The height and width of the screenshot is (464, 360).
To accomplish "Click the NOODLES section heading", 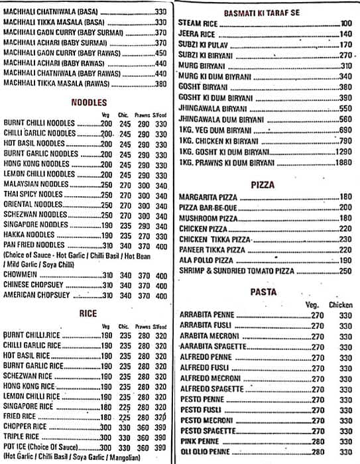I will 88,102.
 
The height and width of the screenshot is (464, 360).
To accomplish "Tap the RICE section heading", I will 88,314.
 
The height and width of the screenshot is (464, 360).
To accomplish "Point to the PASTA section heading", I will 263,292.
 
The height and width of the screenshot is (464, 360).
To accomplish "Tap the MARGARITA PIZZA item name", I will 207,197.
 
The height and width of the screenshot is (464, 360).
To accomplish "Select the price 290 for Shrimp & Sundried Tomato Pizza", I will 344,272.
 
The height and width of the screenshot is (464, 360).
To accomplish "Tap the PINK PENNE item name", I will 196,441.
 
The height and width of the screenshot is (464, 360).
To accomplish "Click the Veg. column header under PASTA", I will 312,304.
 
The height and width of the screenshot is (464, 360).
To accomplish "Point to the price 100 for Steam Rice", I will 345,23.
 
